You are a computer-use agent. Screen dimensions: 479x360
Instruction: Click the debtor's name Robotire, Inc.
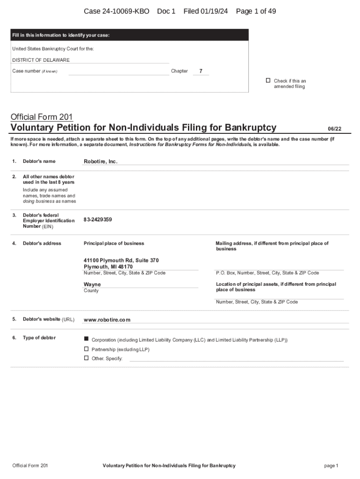(101, 161)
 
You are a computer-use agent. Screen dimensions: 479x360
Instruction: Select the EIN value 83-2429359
(98, 219)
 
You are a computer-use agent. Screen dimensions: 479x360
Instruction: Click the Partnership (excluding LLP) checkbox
(86, 349)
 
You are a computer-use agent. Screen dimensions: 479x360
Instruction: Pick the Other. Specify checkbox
(86, 358)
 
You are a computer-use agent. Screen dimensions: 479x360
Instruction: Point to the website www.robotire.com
(107, 320)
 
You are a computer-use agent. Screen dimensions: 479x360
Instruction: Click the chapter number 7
(201, 71)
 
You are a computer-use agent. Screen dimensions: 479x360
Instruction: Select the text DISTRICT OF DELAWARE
(41, 60)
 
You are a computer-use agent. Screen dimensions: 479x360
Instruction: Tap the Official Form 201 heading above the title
(41, 116)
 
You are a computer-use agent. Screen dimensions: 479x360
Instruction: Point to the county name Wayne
(92, 284)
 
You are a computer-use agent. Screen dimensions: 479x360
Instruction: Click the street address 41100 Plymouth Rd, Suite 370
(121, 260)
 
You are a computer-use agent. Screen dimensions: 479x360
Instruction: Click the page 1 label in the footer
(331, 465)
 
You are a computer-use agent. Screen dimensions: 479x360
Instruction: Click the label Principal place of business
(114, 243)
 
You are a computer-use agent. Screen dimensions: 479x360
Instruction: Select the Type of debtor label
(39, 338)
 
